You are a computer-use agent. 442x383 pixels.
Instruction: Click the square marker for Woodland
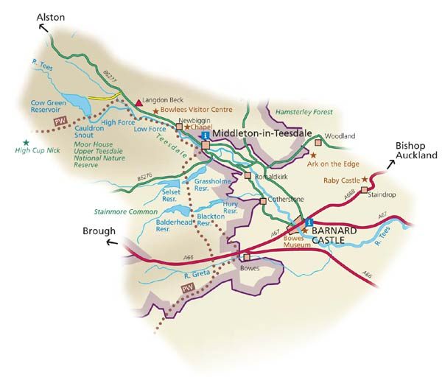point(318,142)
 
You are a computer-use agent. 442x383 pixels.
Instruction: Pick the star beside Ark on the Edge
point(314,155)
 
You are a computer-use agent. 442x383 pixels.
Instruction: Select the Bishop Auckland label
point(416,150)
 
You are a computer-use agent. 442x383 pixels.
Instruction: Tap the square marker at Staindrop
point(363,190)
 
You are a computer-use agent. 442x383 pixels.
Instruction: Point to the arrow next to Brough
point(110,242)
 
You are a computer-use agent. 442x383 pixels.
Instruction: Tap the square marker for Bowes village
point(247,257)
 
